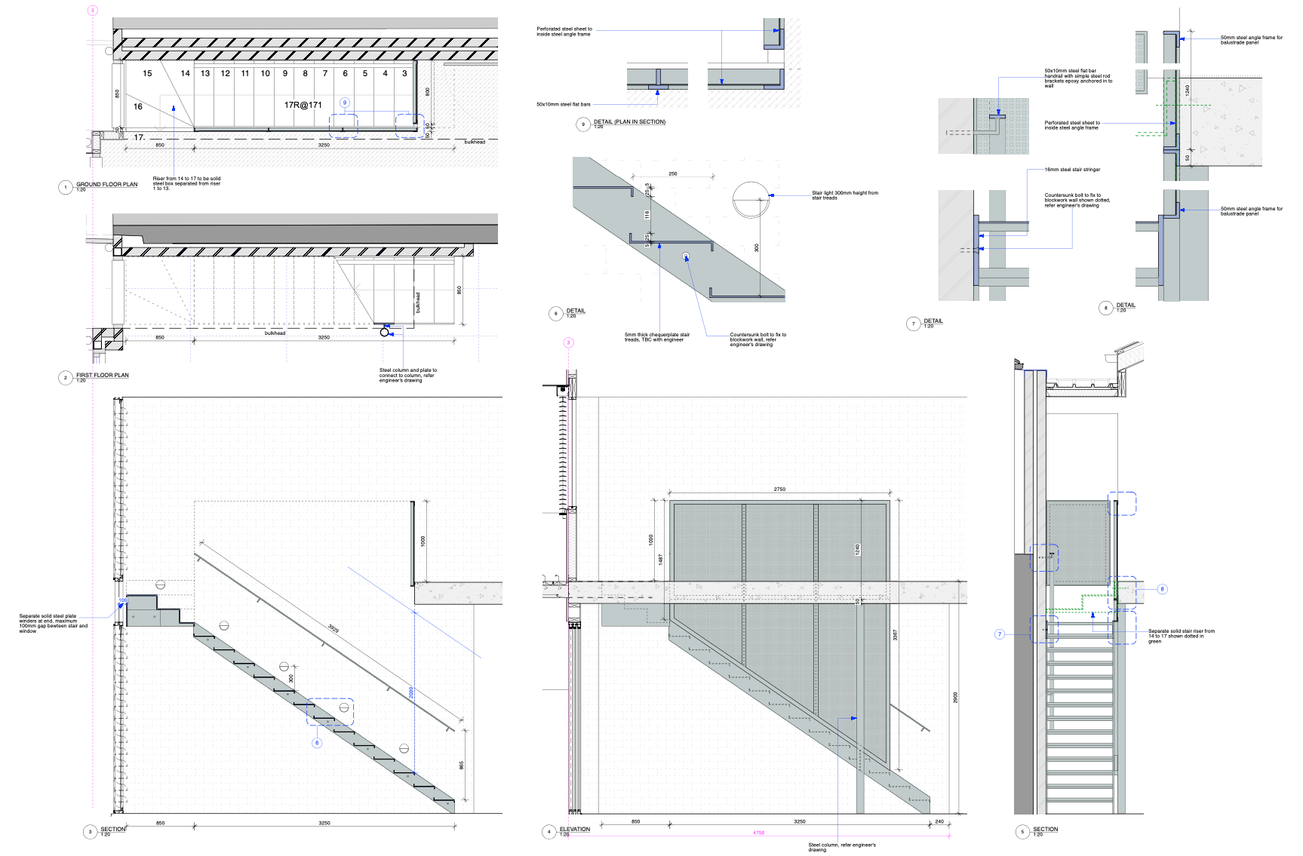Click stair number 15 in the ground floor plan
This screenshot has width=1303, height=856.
147,73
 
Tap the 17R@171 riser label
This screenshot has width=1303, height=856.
303,105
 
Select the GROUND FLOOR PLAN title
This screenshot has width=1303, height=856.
106,184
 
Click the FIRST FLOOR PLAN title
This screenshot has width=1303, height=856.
102,375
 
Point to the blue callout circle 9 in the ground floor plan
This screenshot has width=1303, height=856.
345,103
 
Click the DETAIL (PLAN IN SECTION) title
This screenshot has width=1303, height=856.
629,121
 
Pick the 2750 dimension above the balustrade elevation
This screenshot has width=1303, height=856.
779,489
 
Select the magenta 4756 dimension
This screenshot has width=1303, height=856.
758,833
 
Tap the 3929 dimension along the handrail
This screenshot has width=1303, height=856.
334,628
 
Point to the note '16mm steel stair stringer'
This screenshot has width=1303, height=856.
1072,170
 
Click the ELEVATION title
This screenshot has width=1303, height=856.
575,829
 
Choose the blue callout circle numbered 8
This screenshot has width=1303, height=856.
1162,589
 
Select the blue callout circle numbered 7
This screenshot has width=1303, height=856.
1000,634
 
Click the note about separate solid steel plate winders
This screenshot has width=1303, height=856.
53,623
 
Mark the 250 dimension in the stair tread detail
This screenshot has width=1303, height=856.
672,173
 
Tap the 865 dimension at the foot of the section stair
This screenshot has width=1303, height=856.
461,765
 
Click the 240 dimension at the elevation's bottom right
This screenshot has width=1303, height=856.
939,821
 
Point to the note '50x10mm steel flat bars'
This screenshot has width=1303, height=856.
563,104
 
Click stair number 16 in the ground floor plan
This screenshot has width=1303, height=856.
138,106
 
